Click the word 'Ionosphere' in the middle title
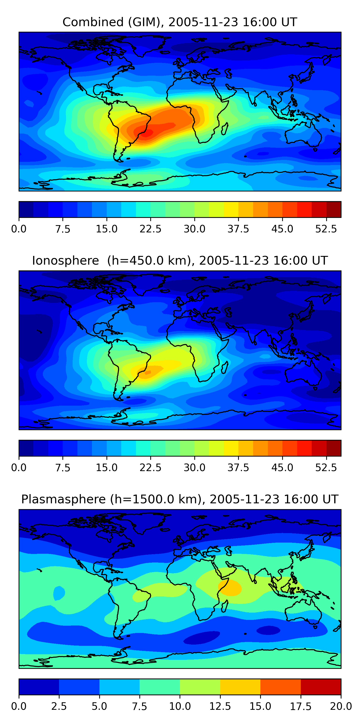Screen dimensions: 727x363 pyautogui.click(x=65, y=261)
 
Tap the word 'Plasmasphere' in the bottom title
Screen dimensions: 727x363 pyautogui.click(x=63, y=499)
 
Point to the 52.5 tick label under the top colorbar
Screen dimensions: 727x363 pyautogui.click(x=326, y=229)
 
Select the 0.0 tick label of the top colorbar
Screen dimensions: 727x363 pyautogui.click(x=19, y=229)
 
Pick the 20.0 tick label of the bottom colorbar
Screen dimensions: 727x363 pyautogui.click(x=341, y=706)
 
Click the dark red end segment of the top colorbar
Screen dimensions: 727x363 pyautogui.click(x=334, y=209)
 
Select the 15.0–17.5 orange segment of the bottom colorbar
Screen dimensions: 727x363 pyautogui.click(x=280, y=687)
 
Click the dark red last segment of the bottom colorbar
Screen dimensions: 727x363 pyautogui.click(x=321, y=687)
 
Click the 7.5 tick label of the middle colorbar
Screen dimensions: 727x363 pyautogui.click(x=63, y=468)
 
